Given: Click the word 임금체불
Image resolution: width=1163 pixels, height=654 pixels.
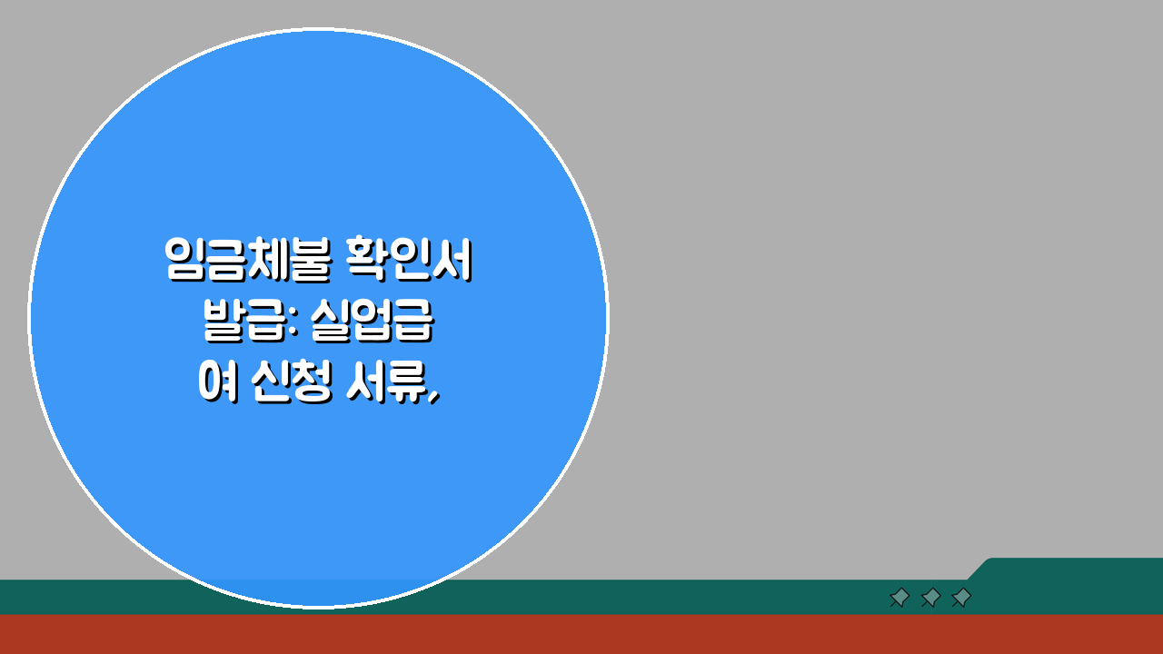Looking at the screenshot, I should coord(238,261).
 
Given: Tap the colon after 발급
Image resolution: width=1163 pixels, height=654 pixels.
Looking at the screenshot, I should coord(292,325).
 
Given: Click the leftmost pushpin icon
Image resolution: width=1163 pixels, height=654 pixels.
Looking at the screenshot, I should coord(900,597).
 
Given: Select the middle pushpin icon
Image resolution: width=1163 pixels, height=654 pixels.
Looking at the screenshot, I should coord(930,597).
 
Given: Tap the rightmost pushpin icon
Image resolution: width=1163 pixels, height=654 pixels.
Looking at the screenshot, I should coord(961,597).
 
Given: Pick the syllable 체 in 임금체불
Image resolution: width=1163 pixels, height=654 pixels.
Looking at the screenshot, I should coord(257,261).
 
